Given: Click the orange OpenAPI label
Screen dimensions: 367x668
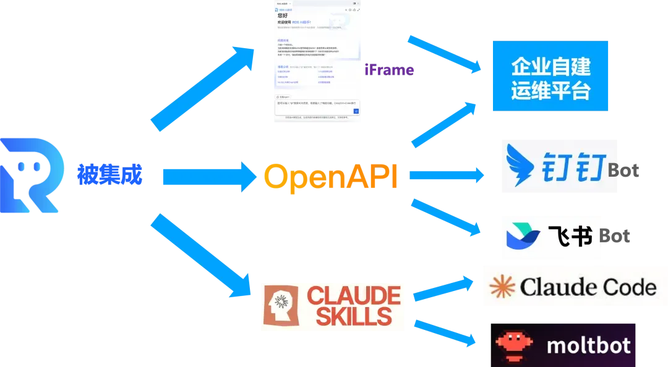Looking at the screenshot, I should tap(331, 177).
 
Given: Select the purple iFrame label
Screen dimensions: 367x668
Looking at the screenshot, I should tap(389, 70).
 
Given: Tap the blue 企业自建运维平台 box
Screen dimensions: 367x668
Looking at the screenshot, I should tap(550, 76).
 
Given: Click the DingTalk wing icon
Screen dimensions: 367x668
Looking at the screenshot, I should tap(522, 166).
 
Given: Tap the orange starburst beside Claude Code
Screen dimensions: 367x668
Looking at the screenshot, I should tap(502, 286).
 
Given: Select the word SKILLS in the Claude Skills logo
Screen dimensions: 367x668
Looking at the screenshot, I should tap(349, 316).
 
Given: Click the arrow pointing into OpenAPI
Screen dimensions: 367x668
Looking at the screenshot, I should tap(207, 177).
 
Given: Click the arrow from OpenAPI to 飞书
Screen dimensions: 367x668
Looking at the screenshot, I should tap(446, 217).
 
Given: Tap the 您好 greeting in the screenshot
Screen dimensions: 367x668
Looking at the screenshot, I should tap(283, 14).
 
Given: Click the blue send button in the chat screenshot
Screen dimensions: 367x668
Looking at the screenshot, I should tap(356, 111).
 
